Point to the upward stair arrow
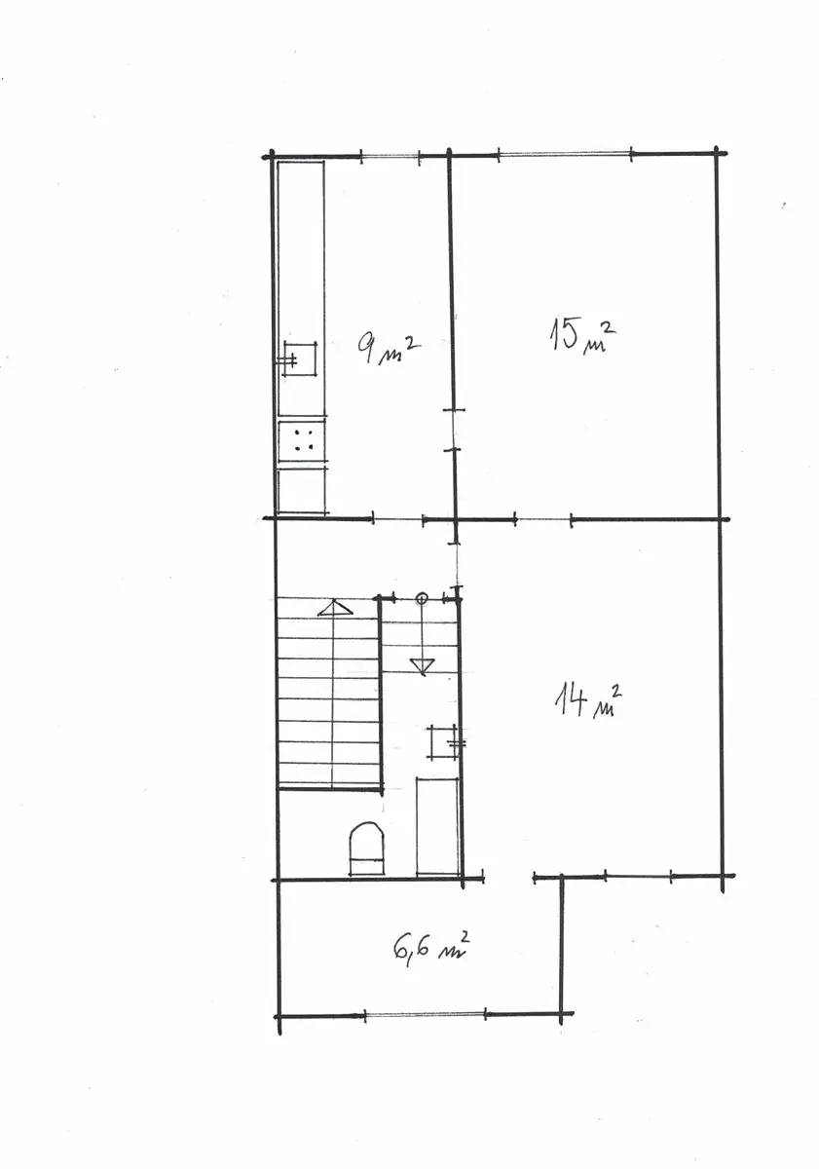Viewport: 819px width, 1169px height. tap(334, 608)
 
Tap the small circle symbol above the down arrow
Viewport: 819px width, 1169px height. tap(422, 598)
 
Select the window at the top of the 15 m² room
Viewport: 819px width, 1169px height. tap(566, 155)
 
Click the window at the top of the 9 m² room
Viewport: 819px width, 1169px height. tap(391, 156)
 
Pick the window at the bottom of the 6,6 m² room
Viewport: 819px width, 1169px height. tap(426, 1014)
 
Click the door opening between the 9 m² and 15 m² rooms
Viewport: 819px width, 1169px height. tap(455, 430)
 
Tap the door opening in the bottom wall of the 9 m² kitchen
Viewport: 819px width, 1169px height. tap(398, 519)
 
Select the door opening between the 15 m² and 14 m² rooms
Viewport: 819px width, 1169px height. tap(543, 519)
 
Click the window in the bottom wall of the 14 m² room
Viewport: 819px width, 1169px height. tap(638, 874)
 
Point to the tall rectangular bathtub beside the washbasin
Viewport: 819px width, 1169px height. tap(437, 826)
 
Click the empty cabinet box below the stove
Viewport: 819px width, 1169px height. tap(302, 491)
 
